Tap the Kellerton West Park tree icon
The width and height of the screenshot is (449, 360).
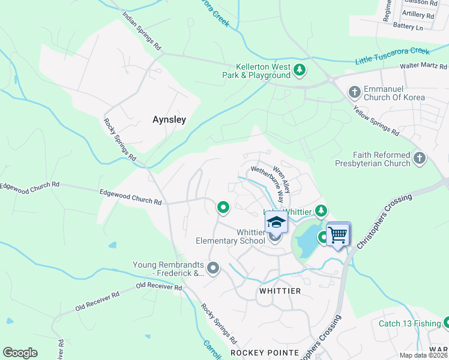point(299,71)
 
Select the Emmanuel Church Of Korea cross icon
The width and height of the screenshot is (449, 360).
point(354,92)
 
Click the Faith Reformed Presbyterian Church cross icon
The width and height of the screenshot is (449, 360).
point(419,158)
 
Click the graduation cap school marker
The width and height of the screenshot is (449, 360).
point(276,222)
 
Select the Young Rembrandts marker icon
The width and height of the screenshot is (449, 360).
point(213,266)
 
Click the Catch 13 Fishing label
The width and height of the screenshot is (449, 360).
point(409,323)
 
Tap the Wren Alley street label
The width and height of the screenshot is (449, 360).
point(282,179)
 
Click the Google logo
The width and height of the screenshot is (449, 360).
point(20,353)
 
